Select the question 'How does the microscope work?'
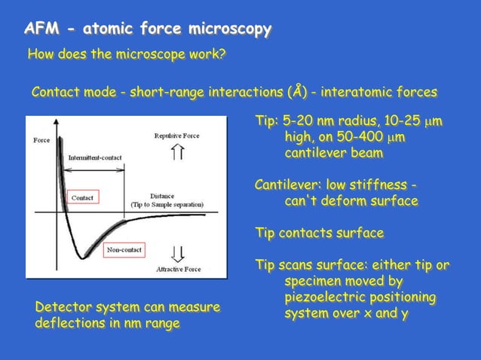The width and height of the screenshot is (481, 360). [127, 54]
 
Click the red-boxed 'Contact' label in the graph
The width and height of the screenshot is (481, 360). [82, 197]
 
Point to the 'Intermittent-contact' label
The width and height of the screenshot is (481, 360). [96, 157]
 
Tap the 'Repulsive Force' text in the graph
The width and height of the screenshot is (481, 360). [178, 136]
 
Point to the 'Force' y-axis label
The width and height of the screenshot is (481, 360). [41, 140]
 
